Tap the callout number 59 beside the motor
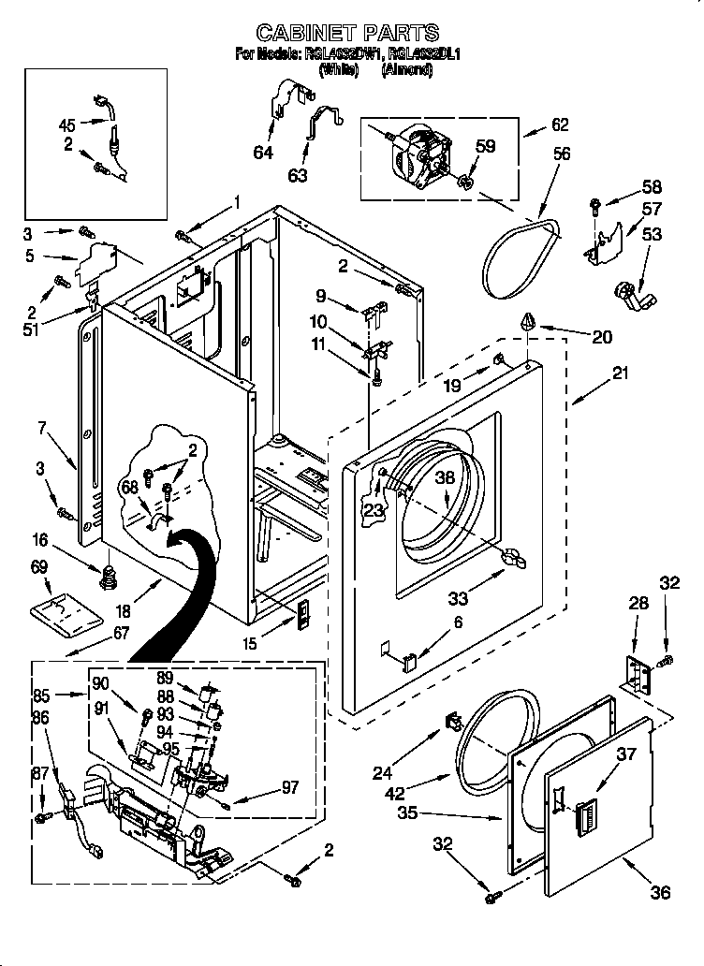pyautogui.click(x=485, y=146)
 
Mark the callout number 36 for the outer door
pyautogui.click(x=660, y=893)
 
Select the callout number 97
pyautogui.click(x=289, y=788)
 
